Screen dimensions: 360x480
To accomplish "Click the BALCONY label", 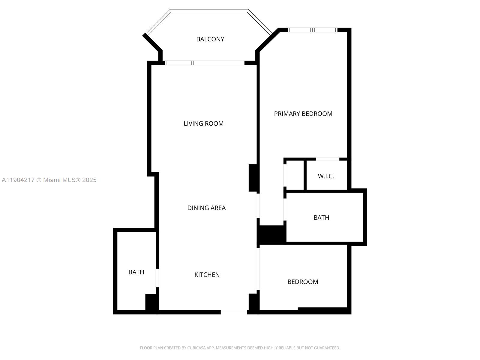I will (210, 39).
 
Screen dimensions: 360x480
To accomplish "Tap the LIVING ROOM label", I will (203, 123).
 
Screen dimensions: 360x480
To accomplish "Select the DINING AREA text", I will (206, 208).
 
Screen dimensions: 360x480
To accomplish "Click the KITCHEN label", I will (207, 274).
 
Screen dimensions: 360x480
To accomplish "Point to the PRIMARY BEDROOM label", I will (303, 113).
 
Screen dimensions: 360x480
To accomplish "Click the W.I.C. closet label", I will (326, 176).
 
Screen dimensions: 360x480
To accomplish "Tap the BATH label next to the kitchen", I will (136, 272).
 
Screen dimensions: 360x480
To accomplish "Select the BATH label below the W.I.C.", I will (321, 217).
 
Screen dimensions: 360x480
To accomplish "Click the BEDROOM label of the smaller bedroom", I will (302, 282).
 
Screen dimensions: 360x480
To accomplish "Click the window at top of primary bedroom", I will (313, 30).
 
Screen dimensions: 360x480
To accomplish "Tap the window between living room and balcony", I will (179, 63).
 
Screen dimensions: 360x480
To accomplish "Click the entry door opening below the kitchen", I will (234, 312).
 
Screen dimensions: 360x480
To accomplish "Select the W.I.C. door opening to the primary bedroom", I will (328, 159).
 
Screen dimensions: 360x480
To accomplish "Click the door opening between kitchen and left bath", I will (157, 278).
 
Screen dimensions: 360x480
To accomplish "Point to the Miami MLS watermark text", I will (49, 180).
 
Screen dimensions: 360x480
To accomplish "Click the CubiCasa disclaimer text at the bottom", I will (240, 348).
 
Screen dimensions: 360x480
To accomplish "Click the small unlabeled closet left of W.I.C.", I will (295, 175).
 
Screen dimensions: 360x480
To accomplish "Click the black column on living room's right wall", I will (253, 178).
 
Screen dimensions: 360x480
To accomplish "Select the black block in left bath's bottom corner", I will (151, 302).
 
